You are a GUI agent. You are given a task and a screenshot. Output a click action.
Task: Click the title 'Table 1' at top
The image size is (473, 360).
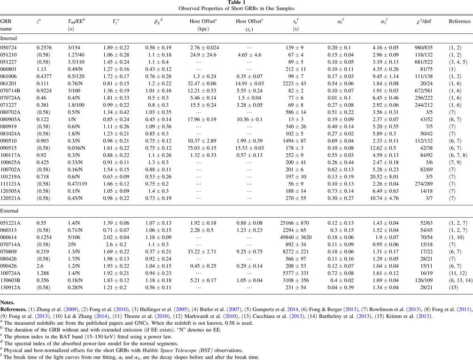[236, 3]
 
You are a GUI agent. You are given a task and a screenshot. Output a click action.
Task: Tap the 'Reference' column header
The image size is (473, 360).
[459, 21]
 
